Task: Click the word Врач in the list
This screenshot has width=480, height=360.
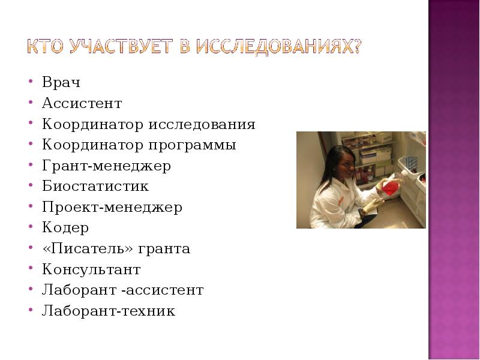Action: (x=61, y=83)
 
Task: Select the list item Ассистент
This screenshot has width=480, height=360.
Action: (x=82, y=104)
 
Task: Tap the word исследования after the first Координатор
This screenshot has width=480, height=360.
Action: (x=211, y=125)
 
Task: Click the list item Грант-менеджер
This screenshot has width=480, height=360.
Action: (x=106, y=166)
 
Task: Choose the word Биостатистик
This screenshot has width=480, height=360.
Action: (x=95, y=187)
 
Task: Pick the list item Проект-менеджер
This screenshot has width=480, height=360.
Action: (x=112, y=208)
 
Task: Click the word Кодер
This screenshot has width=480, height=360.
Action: (x=65, y=228)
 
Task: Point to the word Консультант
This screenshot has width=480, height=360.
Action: (x=91, y=269)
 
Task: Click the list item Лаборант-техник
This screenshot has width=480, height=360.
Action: (x=108, y=311)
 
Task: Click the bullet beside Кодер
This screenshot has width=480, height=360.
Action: (x=30, y=229)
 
